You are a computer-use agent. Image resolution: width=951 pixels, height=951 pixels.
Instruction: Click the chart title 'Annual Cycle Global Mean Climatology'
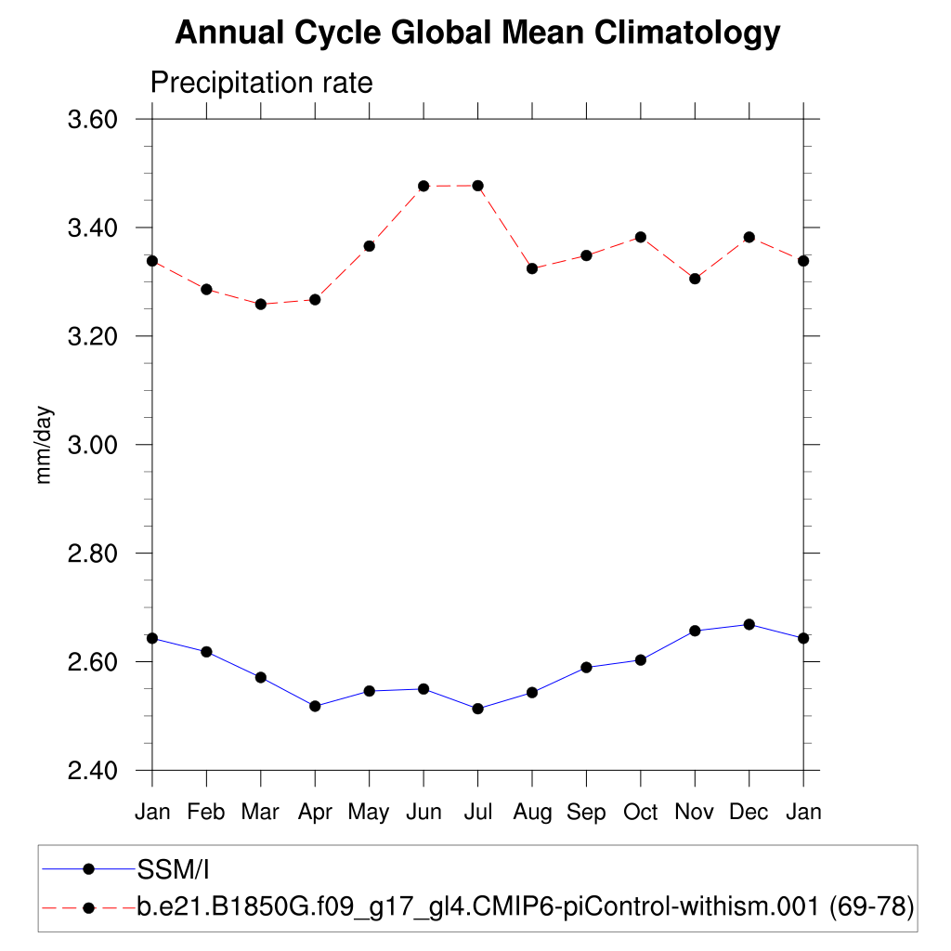pyautogui.click(x=477, y=33)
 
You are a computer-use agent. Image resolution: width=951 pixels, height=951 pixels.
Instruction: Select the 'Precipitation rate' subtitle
pyautogui.click(x=261, y=83)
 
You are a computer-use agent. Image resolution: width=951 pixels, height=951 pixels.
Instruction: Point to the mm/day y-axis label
pyautogui.click(x=44, y=445)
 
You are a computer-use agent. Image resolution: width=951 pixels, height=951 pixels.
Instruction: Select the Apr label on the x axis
pyautogui.click(x=315, y=813)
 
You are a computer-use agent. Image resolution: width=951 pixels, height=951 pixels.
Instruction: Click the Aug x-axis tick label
pyautogui.click(x=532, y=813)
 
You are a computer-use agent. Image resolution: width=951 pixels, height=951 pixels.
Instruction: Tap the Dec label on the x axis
pyautogui.click(x=749, y=813)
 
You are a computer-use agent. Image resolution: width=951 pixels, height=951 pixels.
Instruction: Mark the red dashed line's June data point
pyautogui.click(x=423, y=186)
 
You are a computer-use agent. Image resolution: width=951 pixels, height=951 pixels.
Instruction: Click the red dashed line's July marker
pyautogui.click(x=477, y=186)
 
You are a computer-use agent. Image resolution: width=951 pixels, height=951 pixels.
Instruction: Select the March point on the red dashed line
pyautogui.click(x=261, y=304)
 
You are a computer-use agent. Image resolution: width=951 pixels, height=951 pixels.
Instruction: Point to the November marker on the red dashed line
pyautogui.click(x=695, y=279)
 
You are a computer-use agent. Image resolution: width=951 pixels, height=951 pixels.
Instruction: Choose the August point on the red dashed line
pyautogui.click(x=532, y=268)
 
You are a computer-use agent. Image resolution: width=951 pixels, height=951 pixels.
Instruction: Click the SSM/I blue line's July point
pyautogui.click(x=477, y=709)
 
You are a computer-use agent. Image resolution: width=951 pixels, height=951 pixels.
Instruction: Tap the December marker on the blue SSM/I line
pyautogui.click(x=749, y=624)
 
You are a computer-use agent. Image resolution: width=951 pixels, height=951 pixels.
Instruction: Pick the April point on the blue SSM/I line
pyautogui.click(x=315, y=706)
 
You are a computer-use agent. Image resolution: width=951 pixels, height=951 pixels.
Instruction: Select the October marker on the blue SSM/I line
pyautogui.click(x=641, y=659)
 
